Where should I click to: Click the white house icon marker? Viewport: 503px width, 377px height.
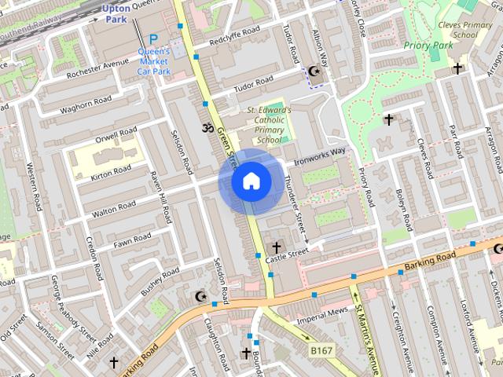click(251, 181)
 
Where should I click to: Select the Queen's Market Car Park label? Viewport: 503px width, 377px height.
click(154, 62)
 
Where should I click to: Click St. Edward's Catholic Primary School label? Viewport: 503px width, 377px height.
click(269, 126)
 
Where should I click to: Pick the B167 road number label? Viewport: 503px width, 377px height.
click(321, 350)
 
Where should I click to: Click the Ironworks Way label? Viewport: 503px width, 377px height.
click(320, 156)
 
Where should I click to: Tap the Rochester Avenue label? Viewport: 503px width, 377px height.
click(97, 71)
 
